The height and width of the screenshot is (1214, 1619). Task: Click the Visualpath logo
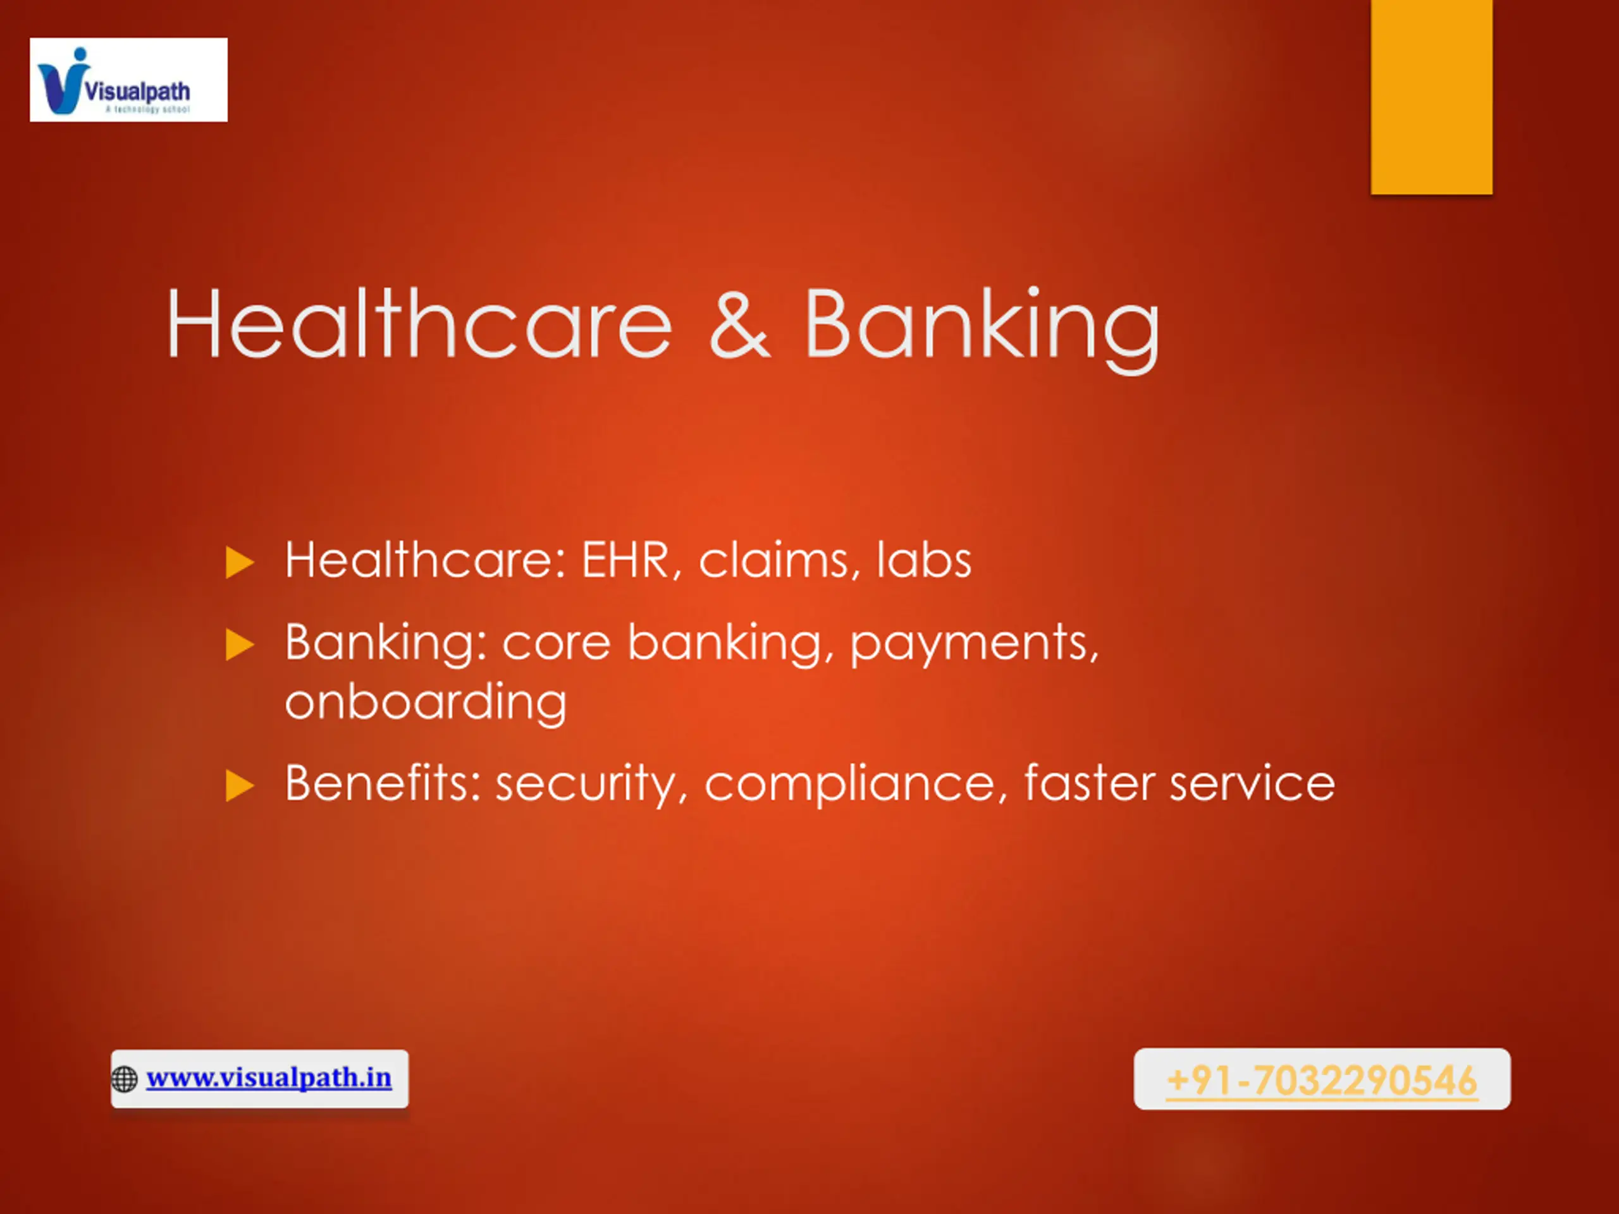(x=128, y=80)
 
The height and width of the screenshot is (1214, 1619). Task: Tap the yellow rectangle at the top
(x=1432, y=97)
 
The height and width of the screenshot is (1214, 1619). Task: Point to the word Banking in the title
(x=982, y=329)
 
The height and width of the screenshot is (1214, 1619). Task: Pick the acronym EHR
(x=626, y=561)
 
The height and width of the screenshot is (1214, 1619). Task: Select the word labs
(x=925, y=560)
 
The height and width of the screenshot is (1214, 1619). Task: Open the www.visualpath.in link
(x=269, y=1077)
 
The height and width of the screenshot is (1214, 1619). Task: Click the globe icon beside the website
(x=125, y=1079)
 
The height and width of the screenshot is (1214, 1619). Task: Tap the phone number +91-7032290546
(x=1322, y=1080)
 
